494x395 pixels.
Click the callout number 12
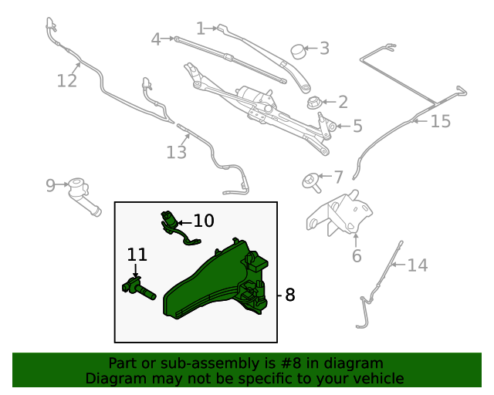[67, 81]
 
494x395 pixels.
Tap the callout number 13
[177, 152]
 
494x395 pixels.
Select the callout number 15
[441, 121]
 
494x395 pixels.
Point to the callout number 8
[290, 295]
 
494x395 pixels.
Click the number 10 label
[204, 221]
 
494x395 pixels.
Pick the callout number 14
[418, 265]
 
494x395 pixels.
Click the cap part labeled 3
[299, 52]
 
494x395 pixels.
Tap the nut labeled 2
[314, 103]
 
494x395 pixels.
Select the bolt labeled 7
[311, 183]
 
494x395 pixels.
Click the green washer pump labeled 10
[177, 228]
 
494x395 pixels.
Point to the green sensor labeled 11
[138, 288]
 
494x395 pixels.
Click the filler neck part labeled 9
[83, 196]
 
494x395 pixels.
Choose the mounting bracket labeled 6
[340, 213]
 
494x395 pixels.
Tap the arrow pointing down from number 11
[136, 271]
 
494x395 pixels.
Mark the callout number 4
[156, 39]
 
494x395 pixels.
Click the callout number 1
[201, 29]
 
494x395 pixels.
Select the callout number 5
[357, 126]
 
